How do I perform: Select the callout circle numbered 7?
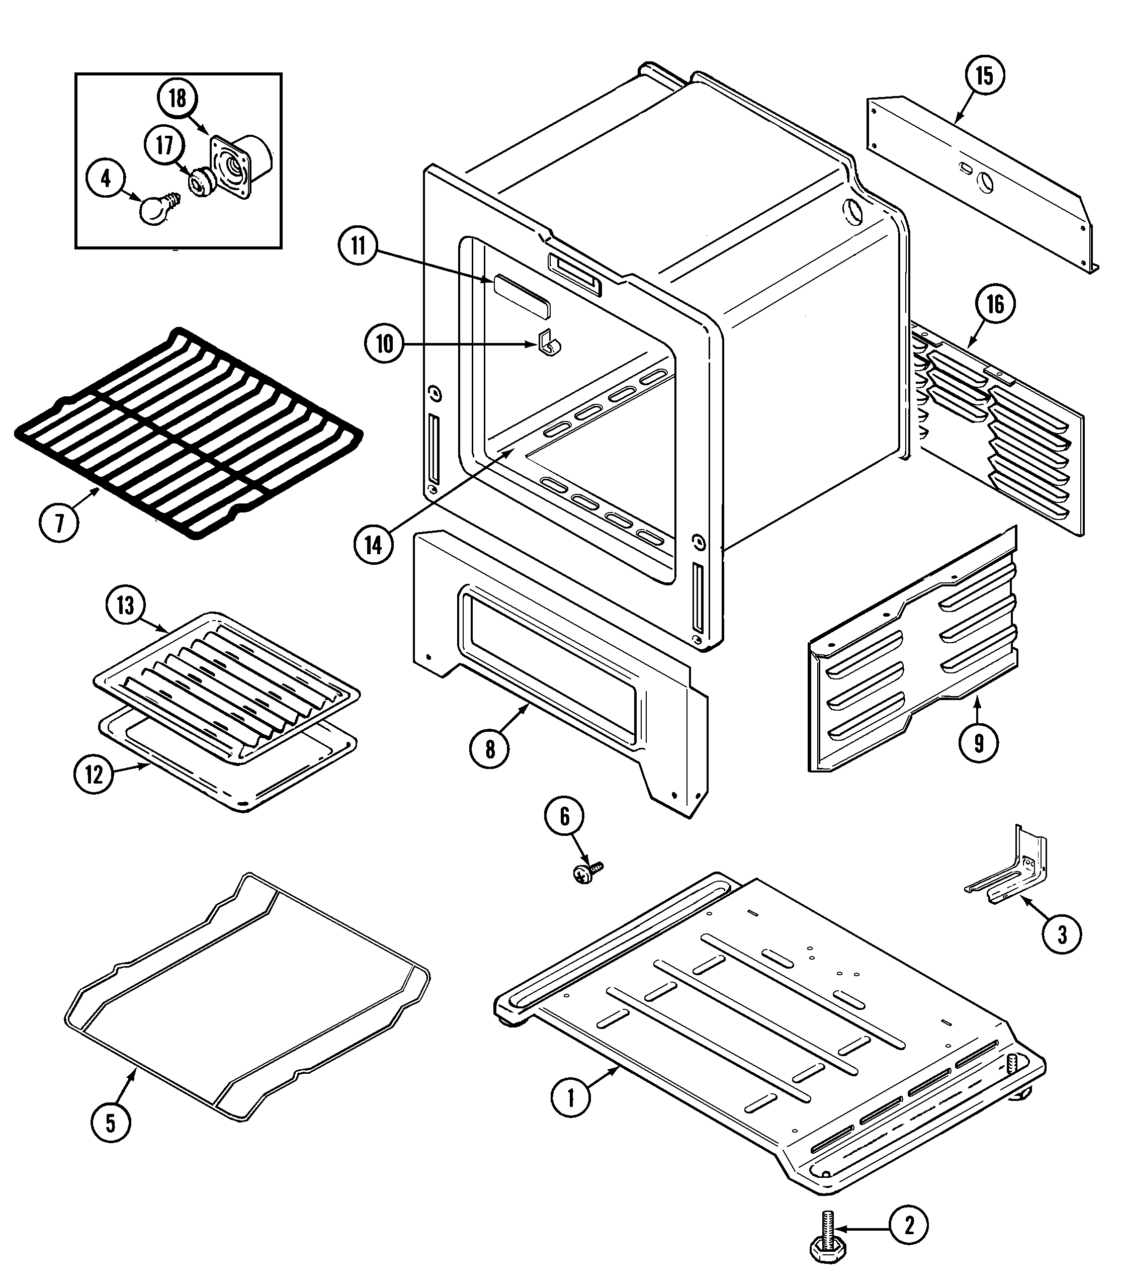point(59,523)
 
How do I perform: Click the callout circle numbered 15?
point(984,76)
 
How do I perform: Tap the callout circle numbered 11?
point(358,246)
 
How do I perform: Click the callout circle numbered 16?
point(995,305)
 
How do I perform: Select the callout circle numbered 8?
point(490,749)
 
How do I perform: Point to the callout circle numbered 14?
point(374,546)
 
